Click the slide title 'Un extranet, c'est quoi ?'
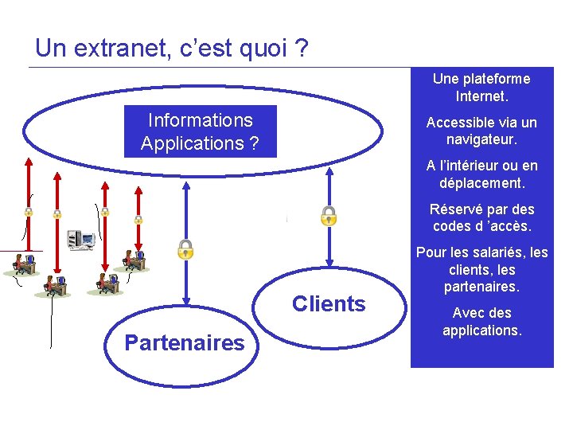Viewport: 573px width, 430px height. point(172,49)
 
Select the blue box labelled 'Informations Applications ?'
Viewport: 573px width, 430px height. point(201,132)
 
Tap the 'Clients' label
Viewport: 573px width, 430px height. point(329,303)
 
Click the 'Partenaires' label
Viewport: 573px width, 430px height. point(184,343)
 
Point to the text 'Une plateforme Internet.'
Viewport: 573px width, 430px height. point(481,88)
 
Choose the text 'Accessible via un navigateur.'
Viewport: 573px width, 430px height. point(481,131)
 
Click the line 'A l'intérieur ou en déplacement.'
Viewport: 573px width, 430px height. point(481,174)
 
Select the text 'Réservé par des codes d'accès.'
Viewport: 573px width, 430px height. point(481,217)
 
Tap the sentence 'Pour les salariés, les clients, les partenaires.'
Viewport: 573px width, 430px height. point(481,269)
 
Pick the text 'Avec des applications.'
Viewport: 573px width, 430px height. point(481,321)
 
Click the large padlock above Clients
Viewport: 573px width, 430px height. point(328,216)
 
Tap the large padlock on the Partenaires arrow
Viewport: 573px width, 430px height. point(185,249)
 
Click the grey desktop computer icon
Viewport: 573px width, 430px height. point(80,238)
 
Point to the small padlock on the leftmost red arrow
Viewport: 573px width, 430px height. point(28,212)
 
